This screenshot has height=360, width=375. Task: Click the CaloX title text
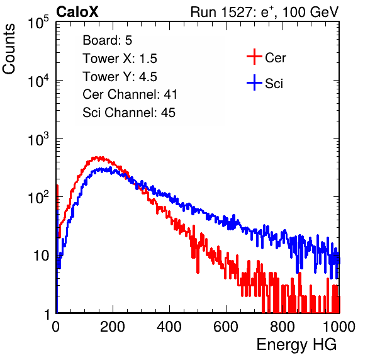click(77, 12)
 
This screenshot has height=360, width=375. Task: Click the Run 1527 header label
click(264, 12)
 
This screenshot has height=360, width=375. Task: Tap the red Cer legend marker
click(254, 57)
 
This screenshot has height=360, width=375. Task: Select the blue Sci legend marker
click(254, 82)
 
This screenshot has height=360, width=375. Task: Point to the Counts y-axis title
click(9, 49)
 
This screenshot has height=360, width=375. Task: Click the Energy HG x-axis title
click(296, 345)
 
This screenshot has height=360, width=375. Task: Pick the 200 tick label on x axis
click(112, 327)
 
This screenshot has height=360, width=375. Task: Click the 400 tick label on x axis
click(169, 327)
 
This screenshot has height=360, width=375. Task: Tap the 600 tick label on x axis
click(226, 327)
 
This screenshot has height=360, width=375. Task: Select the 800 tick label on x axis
click(283, 327)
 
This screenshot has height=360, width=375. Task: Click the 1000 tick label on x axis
click(339, 327)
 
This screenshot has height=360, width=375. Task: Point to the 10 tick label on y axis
click(41, 256)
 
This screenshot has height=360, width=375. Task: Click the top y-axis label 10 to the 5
click(38, 22)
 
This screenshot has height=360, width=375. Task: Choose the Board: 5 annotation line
click(108, 40)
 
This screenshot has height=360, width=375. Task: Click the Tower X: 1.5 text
click(120, 59)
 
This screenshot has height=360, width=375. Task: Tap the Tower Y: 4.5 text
click(120, 77)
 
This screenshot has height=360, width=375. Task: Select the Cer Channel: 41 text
click(130, 94)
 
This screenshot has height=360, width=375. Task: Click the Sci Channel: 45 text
click(129, 113)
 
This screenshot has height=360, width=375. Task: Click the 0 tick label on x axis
click(55, 327)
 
